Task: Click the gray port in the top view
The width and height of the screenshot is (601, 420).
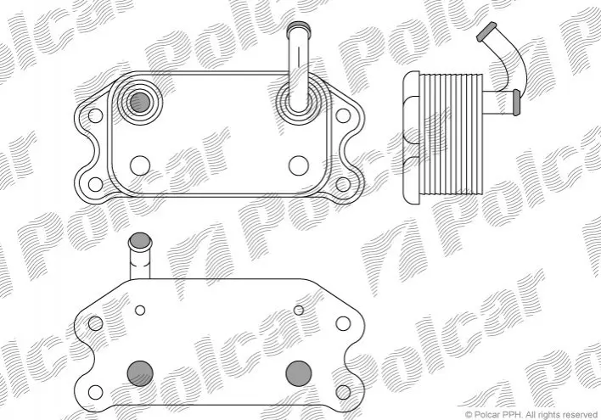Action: pos(140,103)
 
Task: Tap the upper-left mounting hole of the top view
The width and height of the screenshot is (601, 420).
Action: pos(95,115)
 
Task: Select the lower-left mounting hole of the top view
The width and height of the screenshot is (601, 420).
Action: pos(95,184)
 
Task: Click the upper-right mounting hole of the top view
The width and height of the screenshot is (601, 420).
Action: pos(343,115)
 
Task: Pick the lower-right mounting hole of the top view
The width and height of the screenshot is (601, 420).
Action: pos(343,184)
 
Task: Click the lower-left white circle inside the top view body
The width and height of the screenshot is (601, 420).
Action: pos(140,165)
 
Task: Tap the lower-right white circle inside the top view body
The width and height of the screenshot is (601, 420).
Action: pos(299,165)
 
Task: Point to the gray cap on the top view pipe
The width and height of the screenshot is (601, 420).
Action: pos(299,27)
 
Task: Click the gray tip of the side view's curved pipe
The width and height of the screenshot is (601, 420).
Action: pos(486,31)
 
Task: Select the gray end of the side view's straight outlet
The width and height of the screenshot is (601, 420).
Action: pos(517,103)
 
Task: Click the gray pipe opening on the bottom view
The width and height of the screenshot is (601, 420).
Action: pos(140,241)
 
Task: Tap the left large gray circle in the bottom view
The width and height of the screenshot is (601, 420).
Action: pos(140,373)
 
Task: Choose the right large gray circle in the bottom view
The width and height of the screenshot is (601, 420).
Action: pos(299,373)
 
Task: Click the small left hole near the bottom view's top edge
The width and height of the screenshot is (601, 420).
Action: pos(140,310)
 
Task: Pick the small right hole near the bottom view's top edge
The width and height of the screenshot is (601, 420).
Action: pos(299,310)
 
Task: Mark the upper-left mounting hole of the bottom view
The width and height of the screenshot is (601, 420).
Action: pos(95,323)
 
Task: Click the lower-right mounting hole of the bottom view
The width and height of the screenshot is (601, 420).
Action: pos(343,392)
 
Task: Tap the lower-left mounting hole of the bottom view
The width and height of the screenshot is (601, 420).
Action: pos(95,392)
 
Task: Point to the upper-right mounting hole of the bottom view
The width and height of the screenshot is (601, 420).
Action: pos(343,323)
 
